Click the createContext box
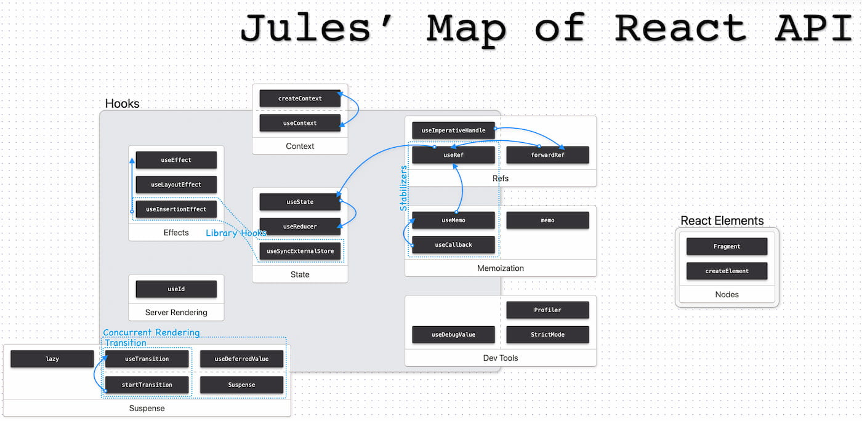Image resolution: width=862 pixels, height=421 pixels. tap(300, 98)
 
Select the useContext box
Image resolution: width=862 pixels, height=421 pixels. tap(300, 123)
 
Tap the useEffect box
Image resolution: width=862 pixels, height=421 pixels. tap(176, 160)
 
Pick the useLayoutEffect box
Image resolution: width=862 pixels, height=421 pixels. tap(176, 185)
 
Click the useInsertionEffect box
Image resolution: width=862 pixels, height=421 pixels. tap(176, 209)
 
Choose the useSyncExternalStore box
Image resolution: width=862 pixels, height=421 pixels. tap(300, 251)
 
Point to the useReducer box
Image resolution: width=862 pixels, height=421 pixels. tap(300, 227)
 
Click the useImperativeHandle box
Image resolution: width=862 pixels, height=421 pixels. tap(453, 130)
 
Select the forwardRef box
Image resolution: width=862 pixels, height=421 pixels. tap(547, 155)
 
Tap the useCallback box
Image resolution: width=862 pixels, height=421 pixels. tap(453, 245)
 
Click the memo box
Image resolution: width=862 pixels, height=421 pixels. tap(547, 220)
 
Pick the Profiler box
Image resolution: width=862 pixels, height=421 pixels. tap(547, 310)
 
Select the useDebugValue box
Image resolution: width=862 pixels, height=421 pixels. tap(453, 335)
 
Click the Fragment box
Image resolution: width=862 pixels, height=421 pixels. tap(727, 246)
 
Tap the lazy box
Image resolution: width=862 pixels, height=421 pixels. tap(52, 359)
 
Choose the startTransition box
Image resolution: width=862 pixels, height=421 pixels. tap(147, 385)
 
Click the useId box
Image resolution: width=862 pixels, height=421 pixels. tap(176, 289)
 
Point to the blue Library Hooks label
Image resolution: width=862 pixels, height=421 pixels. tap(236, 233)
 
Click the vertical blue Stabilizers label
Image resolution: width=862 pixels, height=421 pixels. tap(404, 188)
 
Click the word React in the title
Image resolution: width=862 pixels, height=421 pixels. tap(680, 28)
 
